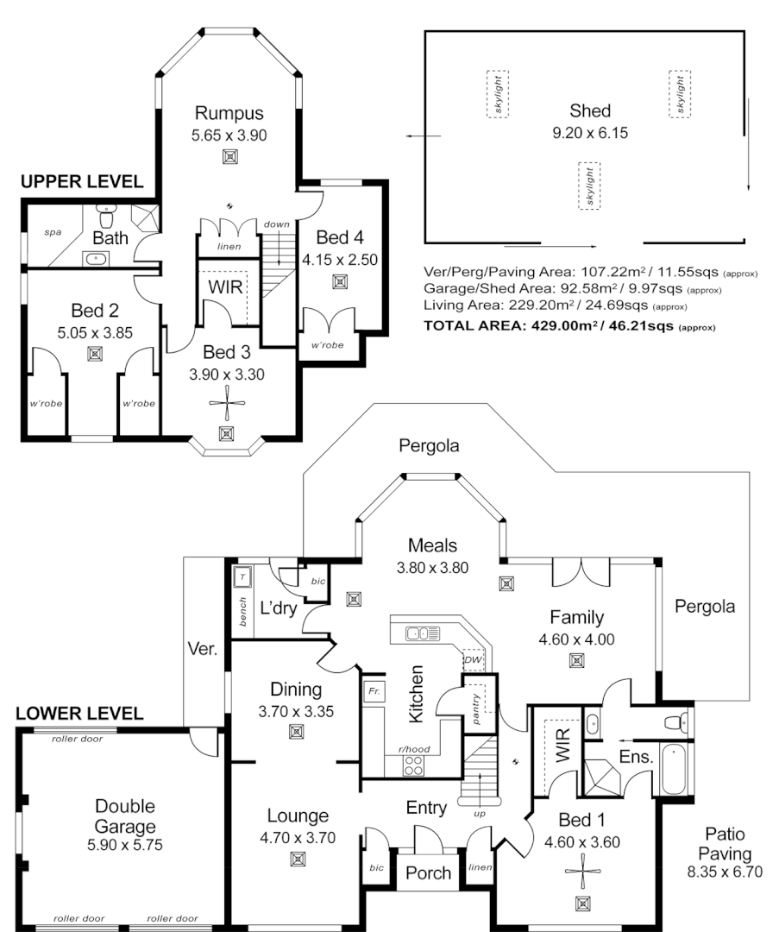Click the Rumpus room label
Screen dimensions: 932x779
tap(229, 113)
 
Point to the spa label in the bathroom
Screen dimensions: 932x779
tap(52, 232)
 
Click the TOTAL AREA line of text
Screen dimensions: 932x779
tap(570, 327)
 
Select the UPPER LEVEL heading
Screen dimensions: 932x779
tap(81, 181)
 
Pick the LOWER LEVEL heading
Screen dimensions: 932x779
tap(79, 714)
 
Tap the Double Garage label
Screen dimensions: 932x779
tap(125, 816)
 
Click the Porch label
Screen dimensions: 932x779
tap(428, 872)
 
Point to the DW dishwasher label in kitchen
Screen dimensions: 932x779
tap(473, 660)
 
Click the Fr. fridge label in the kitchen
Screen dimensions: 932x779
tap(374, 691)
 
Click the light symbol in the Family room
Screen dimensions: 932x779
tap(575, 661)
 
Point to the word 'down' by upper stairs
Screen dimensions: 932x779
tap(277, 224)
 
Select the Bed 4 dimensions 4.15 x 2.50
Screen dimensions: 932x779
tap(340, 258)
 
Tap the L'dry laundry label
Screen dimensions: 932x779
tap(279, 608)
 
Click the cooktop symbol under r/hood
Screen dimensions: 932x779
tap(414, 765)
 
